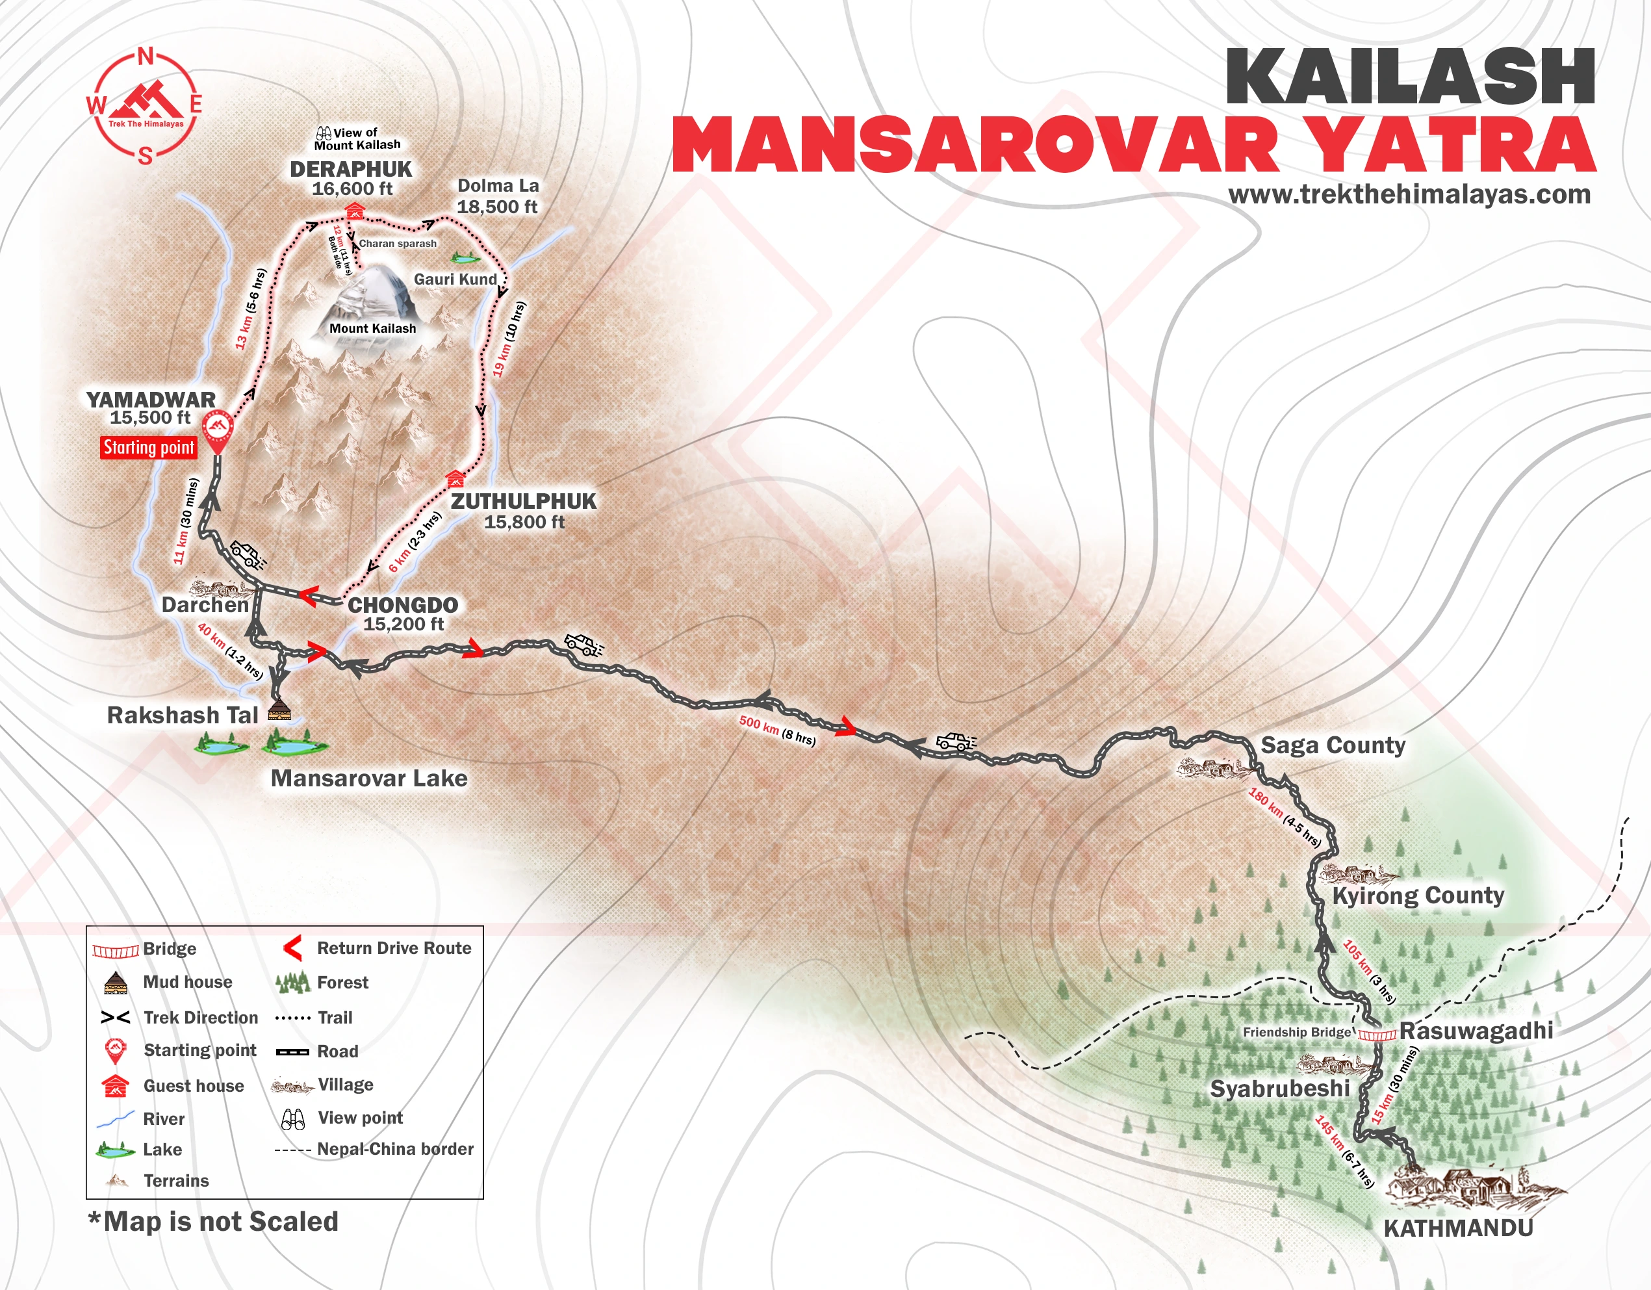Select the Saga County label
pyautogui.click(x=1333, y=745)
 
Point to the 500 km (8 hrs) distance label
pyautogui.click(x=777, y=730)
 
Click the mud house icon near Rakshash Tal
pyautogui.click(x=279, y=709)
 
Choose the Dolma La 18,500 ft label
pyautogui.click(x=498, y=197)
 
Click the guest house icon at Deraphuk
pyautogui.click(x=353, y=210)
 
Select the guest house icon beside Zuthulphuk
pyautogui.click(x=454, y=478)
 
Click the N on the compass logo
pyautogui.click(x=146, y=57)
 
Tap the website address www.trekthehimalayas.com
pyautogui.click(x=1409, y=194)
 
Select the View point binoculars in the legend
pyautogui.click(x=292, y=1118)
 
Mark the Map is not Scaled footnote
pyautogui.click(x=213, y=1221)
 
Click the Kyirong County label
pyautogui.click(x=1417, y=896)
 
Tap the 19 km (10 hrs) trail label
pyautogui.click(x=509, y=339)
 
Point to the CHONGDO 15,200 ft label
pyautogui.click(x=403, y=614)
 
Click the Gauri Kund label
pyautogui.click(x=455, y=279)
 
